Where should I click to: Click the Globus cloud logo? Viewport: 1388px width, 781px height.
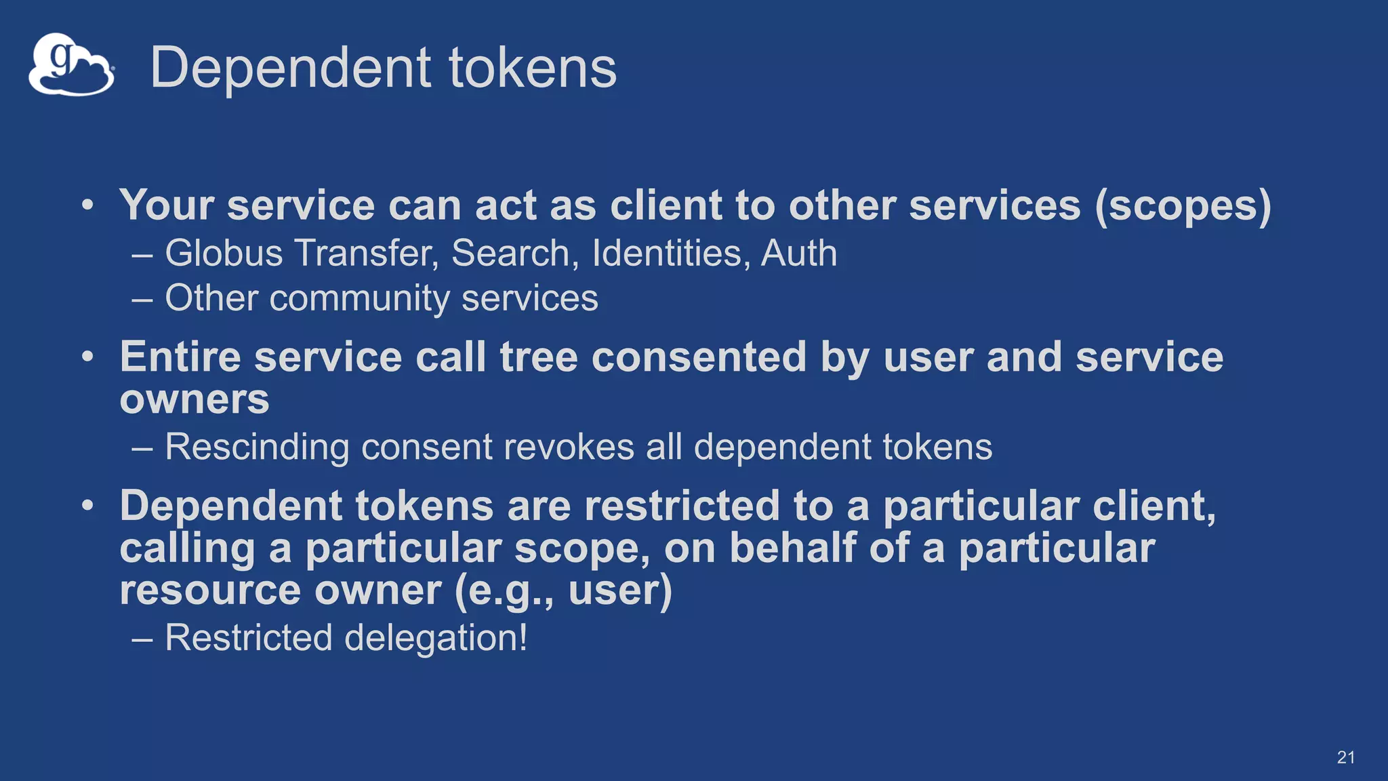(70, 65)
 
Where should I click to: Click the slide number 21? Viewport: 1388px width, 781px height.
(1346, 758)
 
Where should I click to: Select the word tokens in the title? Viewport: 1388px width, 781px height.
(532, 68)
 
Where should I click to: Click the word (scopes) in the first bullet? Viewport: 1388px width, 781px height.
(1183, 205)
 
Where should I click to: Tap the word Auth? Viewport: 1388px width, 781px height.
(799, 254)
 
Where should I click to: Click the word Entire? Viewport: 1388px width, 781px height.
(180, 357)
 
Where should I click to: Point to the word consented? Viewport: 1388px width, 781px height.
(699, 357)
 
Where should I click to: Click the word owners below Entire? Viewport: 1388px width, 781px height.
(195, 399)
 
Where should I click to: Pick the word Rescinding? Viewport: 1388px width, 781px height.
(257, 447)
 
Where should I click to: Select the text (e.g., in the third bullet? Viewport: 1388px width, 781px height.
(504, 590)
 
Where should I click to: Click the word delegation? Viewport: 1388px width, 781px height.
(436, 638)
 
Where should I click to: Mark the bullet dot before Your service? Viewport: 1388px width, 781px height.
(87, 205)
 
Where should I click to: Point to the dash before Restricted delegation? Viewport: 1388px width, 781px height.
(142, 639)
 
